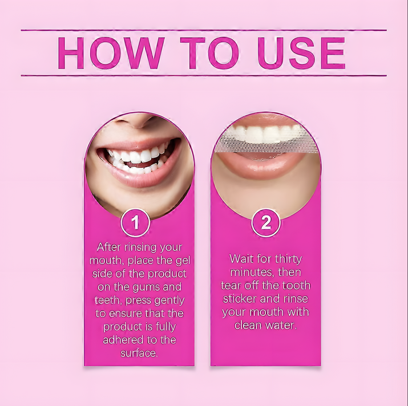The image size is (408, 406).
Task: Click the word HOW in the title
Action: point(111,53)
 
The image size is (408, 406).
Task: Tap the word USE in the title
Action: point(301,53)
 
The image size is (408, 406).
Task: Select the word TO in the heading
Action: point(209,53)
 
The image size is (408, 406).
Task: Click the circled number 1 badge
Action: point(135,223)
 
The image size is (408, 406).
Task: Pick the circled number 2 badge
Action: point(266,223)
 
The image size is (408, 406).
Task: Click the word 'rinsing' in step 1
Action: point(140,247)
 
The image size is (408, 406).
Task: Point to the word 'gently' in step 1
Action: point(169,301)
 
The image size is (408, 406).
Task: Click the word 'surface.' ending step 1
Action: point(139,353)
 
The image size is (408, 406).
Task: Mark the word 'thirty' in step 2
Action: point(288,259)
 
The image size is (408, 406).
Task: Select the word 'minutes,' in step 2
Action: point(253,273)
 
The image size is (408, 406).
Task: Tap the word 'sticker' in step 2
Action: point(240,299)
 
